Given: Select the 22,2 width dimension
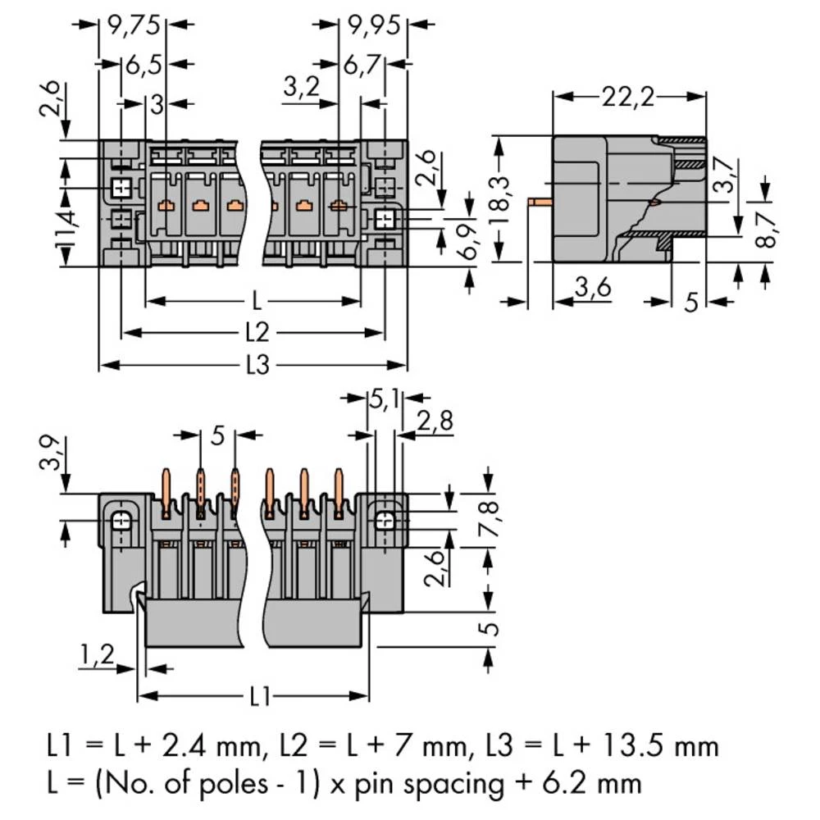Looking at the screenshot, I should click(x=628, y=98).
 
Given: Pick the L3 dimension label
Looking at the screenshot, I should click(x=257, y=365).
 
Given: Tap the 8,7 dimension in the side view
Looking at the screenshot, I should click(x=763, y=231).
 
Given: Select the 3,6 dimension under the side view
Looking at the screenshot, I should click(x=591, y=288).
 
